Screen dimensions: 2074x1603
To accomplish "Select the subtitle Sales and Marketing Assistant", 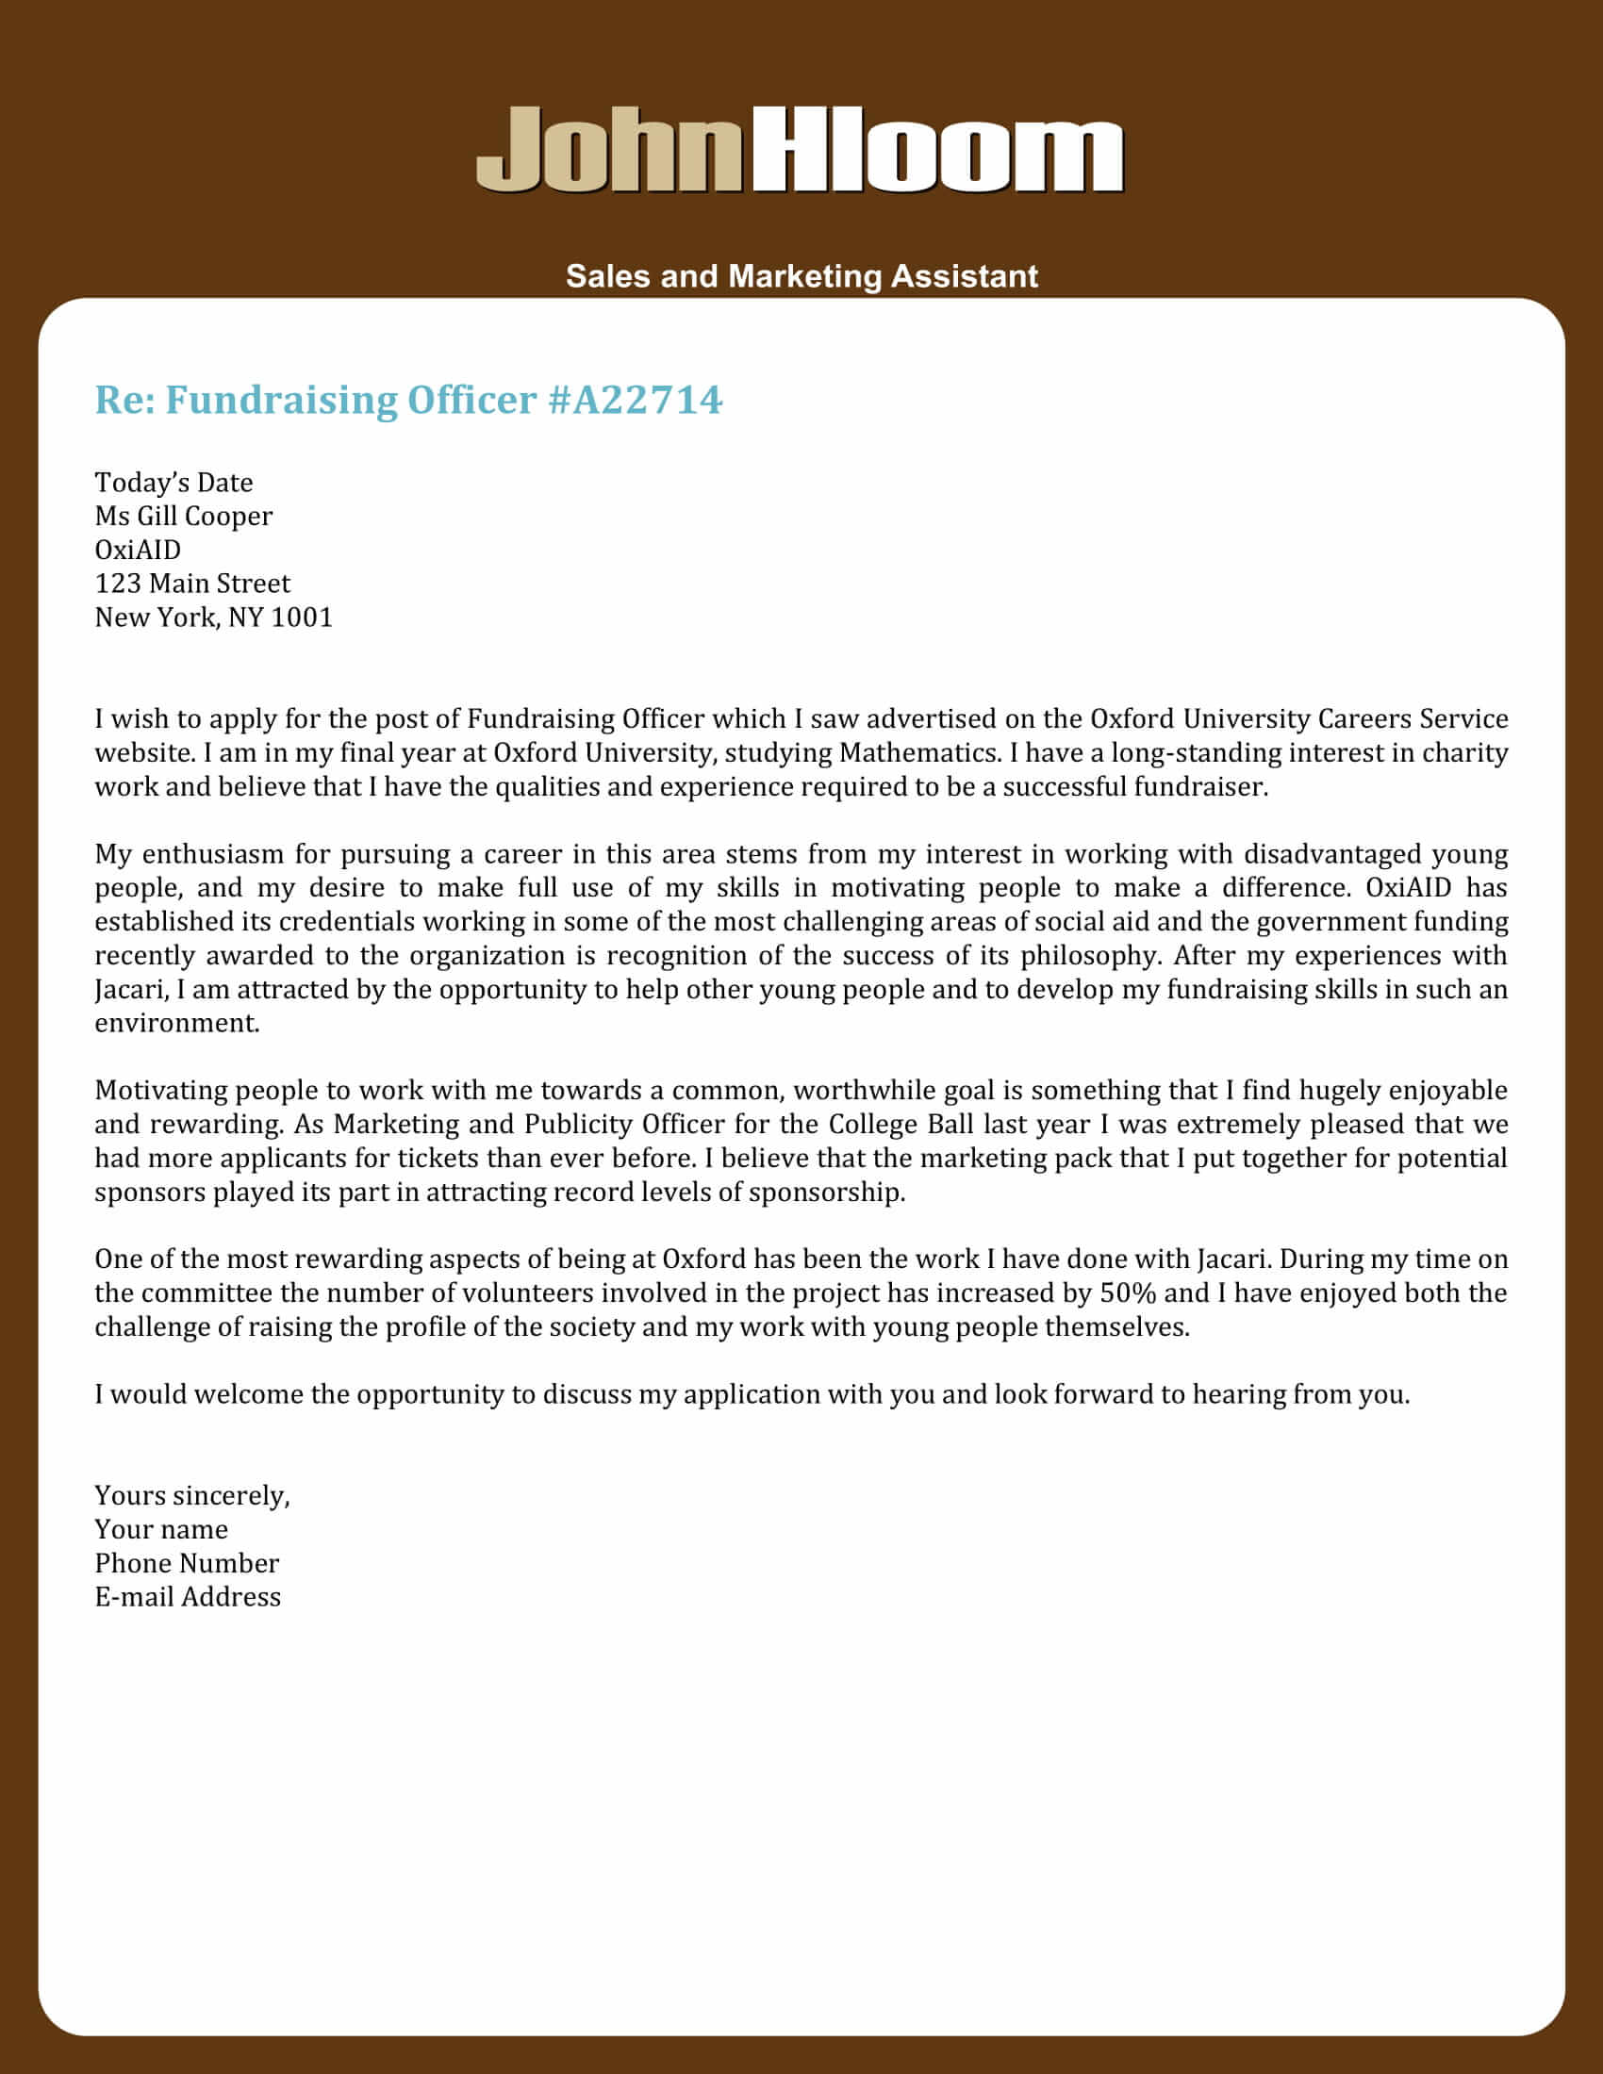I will pyautogui.click(x=801, y=276).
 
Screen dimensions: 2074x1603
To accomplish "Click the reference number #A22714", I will pyautogui.click(x=636, y=400).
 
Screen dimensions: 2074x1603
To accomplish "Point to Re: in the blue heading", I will pyautogui.click(x=124, y=400).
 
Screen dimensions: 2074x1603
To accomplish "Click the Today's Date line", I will pyautogui.click(x=174, y=483).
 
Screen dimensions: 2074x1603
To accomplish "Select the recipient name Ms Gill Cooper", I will pyautogui.click(x=183, y=517).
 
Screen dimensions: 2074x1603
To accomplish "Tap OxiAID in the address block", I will pyautogui.click(x=138, y=550).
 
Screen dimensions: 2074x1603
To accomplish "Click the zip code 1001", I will pyautogui.click(x=301, y=617).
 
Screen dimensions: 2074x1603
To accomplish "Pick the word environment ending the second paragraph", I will pyautogui.click(x=175, y=1023).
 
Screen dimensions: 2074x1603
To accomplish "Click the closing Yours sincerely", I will pyautogui.click(x=191, y=1496).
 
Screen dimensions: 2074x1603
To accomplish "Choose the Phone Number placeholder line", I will pyautogui.click(x=186, y=1563).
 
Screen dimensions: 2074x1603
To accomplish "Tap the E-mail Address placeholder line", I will pyautogui.click(x=187, y=1597).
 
